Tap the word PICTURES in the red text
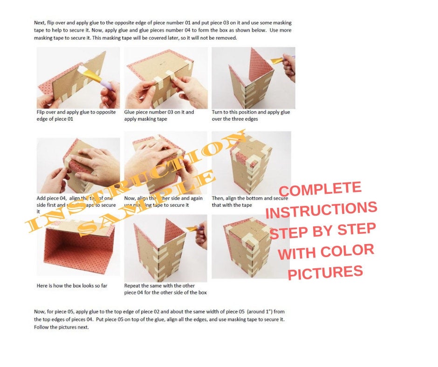click(325, 272)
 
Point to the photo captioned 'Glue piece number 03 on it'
click(165, 77)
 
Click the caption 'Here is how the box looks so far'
click(72, 285)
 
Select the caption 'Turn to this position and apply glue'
click(251, 112)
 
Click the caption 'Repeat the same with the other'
click(159, 285)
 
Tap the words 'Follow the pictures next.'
click(61, 327)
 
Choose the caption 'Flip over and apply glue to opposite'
click(76, 112)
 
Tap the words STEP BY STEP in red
click(322, 231)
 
